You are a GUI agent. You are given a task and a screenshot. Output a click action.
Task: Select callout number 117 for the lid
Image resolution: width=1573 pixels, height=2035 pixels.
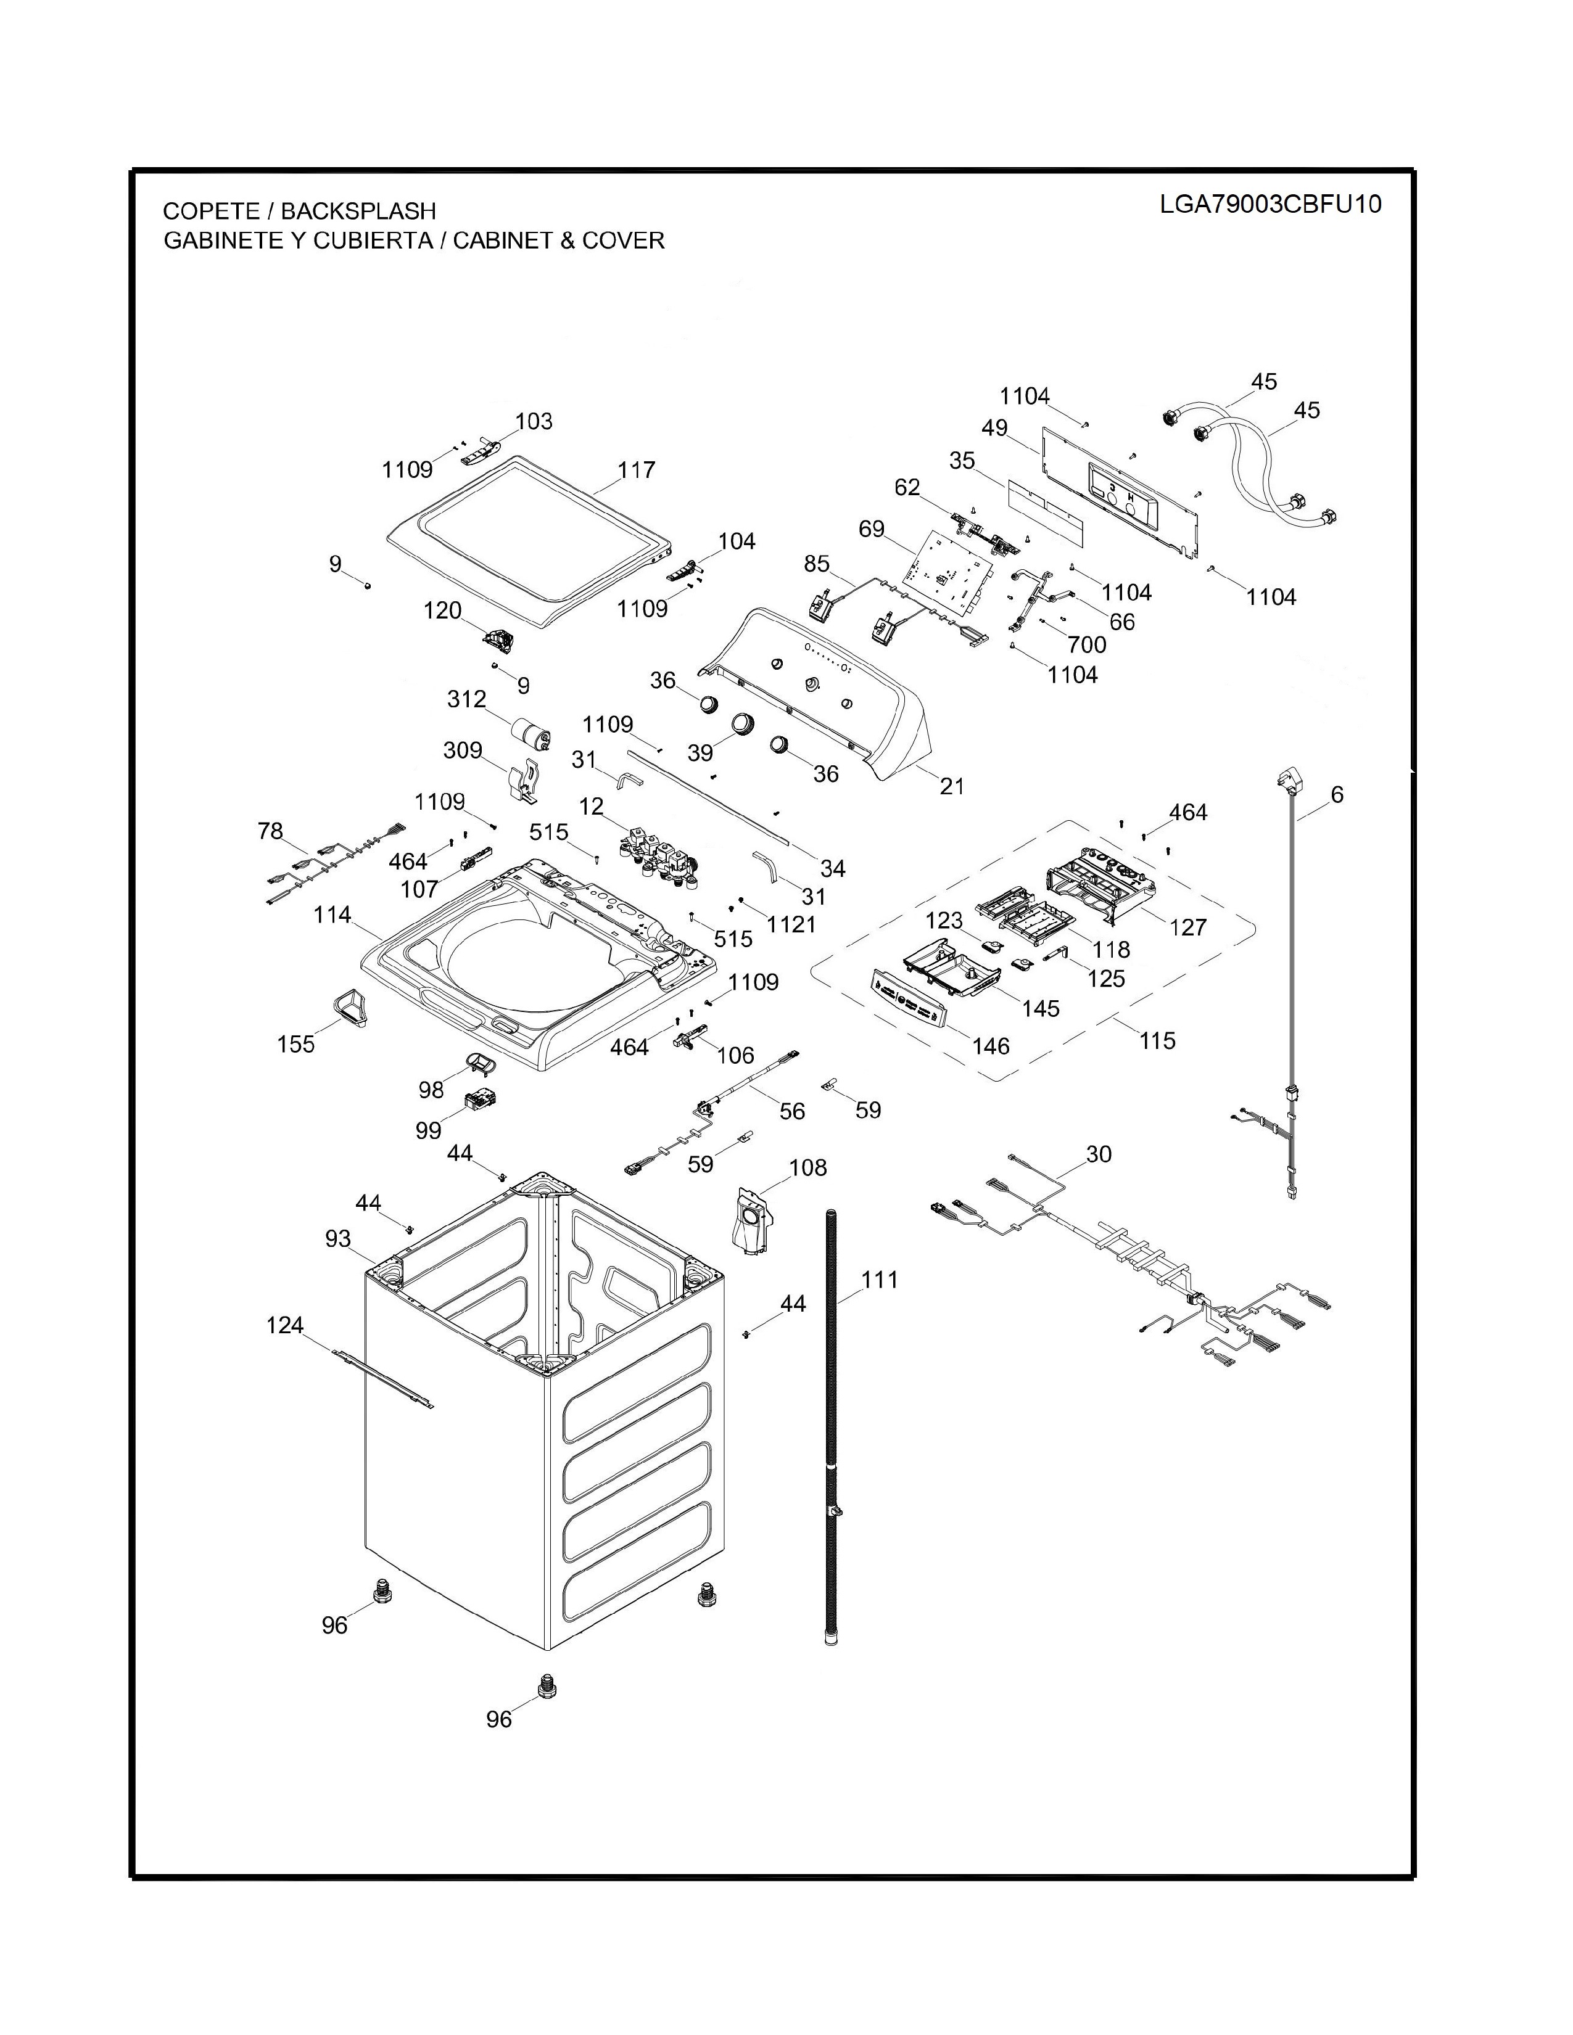pyautogui.click(x=637, y=470)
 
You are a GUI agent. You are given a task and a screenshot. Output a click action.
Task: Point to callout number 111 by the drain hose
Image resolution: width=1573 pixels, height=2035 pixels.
pyautogui.click(x=879, y=1280)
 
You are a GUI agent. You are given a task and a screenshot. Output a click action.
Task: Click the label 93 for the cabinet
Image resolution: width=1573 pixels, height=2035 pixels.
pyautogui.click(x=338, y=1238)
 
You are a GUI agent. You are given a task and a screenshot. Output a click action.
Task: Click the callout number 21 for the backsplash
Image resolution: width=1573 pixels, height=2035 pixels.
pyautogui.click(x=951, y=786)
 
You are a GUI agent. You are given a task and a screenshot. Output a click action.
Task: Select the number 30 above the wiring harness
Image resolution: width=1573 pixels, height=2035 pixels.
pyautogui.click(x=1099, y=1154)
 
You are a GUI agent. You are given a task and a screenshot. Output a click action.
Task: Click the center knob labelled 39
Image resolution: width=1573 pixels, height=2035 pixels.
pyautogui.click(x=743, y=723)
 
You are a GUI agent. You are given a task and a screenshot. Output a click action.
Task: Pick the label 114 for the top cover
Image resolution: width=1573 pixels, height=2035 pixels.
pyautogui.click(x=332, y=915)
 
